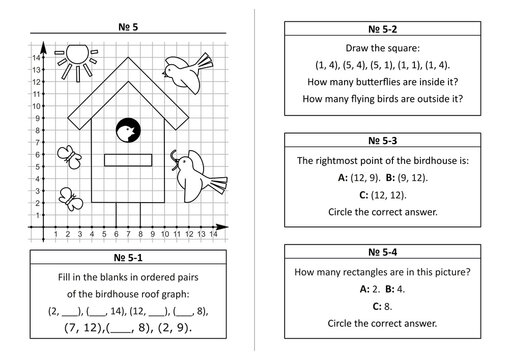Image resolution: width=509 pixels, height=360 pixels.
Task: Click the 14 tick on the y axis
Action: click(x=35, y=58)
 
